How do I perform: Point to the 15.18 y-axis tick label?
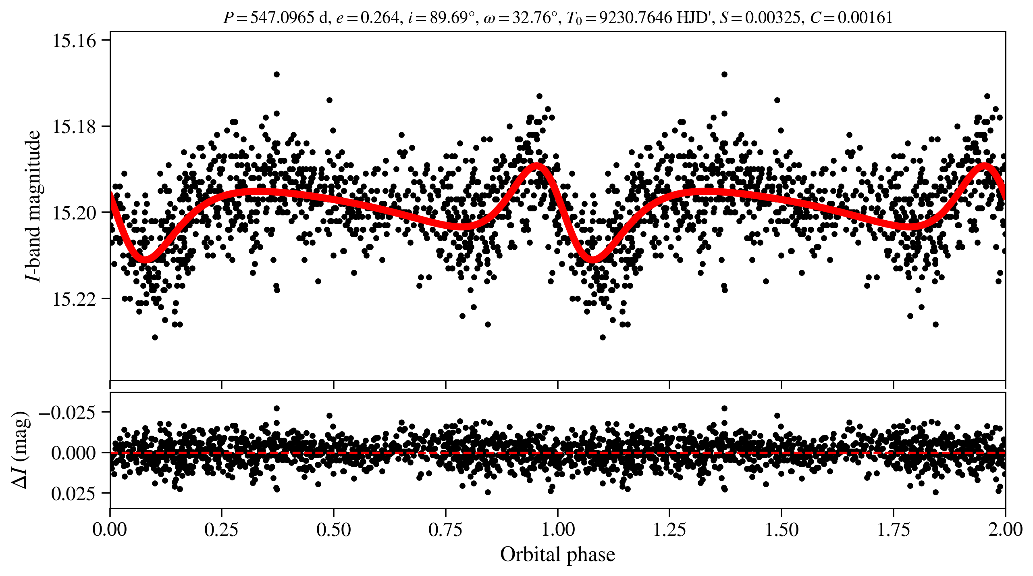[74, 127]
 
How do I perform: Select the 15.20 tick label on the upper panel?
[74, 213]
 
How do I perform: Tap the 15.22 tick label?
[74, 299]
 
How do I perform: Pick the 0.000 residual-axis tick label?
[73, 453]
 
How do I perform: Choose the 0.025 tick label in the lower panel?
[73, 493]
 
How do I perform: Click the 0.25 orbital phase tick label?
[222, 530]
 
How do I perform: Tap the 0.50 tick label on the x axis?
[334, 530]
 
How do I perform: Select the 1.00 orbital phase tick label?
[558, 530]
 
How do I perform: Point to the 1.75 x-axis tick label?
[894, 530]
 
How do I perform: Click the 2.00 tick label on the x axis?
[1005, 530]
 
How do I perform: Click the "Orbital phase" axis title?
[558, 555]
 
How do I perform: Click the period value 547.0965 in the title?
[282, 18]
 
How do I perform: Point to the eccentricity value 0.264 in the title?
[379, 18]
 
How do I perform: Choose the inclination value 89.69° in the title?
[452, 18]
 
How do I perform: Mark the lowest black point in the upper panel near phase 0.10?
[155, 337]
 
